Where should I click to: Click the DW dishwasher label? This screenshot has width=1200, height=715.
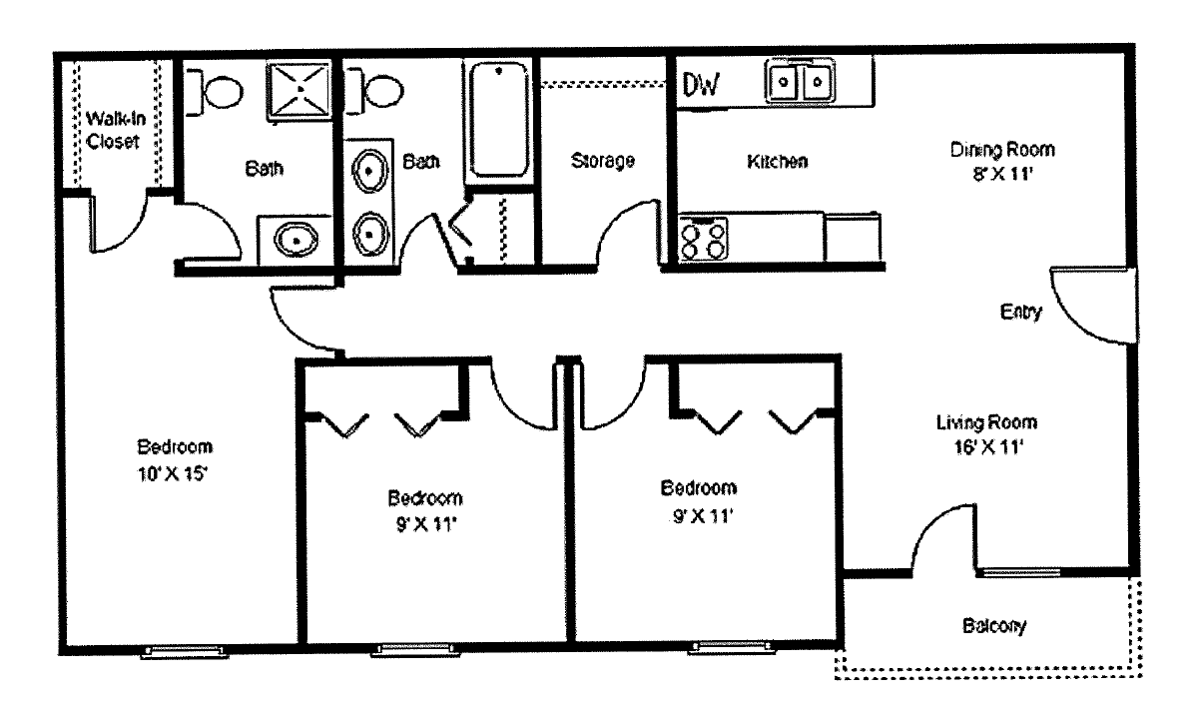701,87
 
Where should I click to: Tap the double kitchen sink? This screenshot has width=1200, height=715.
800,81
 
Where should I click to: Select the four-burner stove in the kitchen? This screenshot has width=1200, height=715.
704,238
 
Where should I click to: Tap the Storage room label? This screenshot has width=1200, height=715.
603,161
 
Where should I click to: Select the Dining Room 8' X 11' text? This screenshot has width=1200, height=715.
1001,160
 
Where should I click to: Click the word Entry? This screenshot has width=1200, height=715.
1020,313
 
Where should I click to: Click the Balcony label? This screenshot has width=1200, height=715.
994,627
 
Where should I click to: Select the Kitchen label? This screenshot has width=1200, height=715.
777,161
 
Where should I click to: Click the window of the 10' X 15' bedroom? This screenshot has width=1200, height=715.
185,652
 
